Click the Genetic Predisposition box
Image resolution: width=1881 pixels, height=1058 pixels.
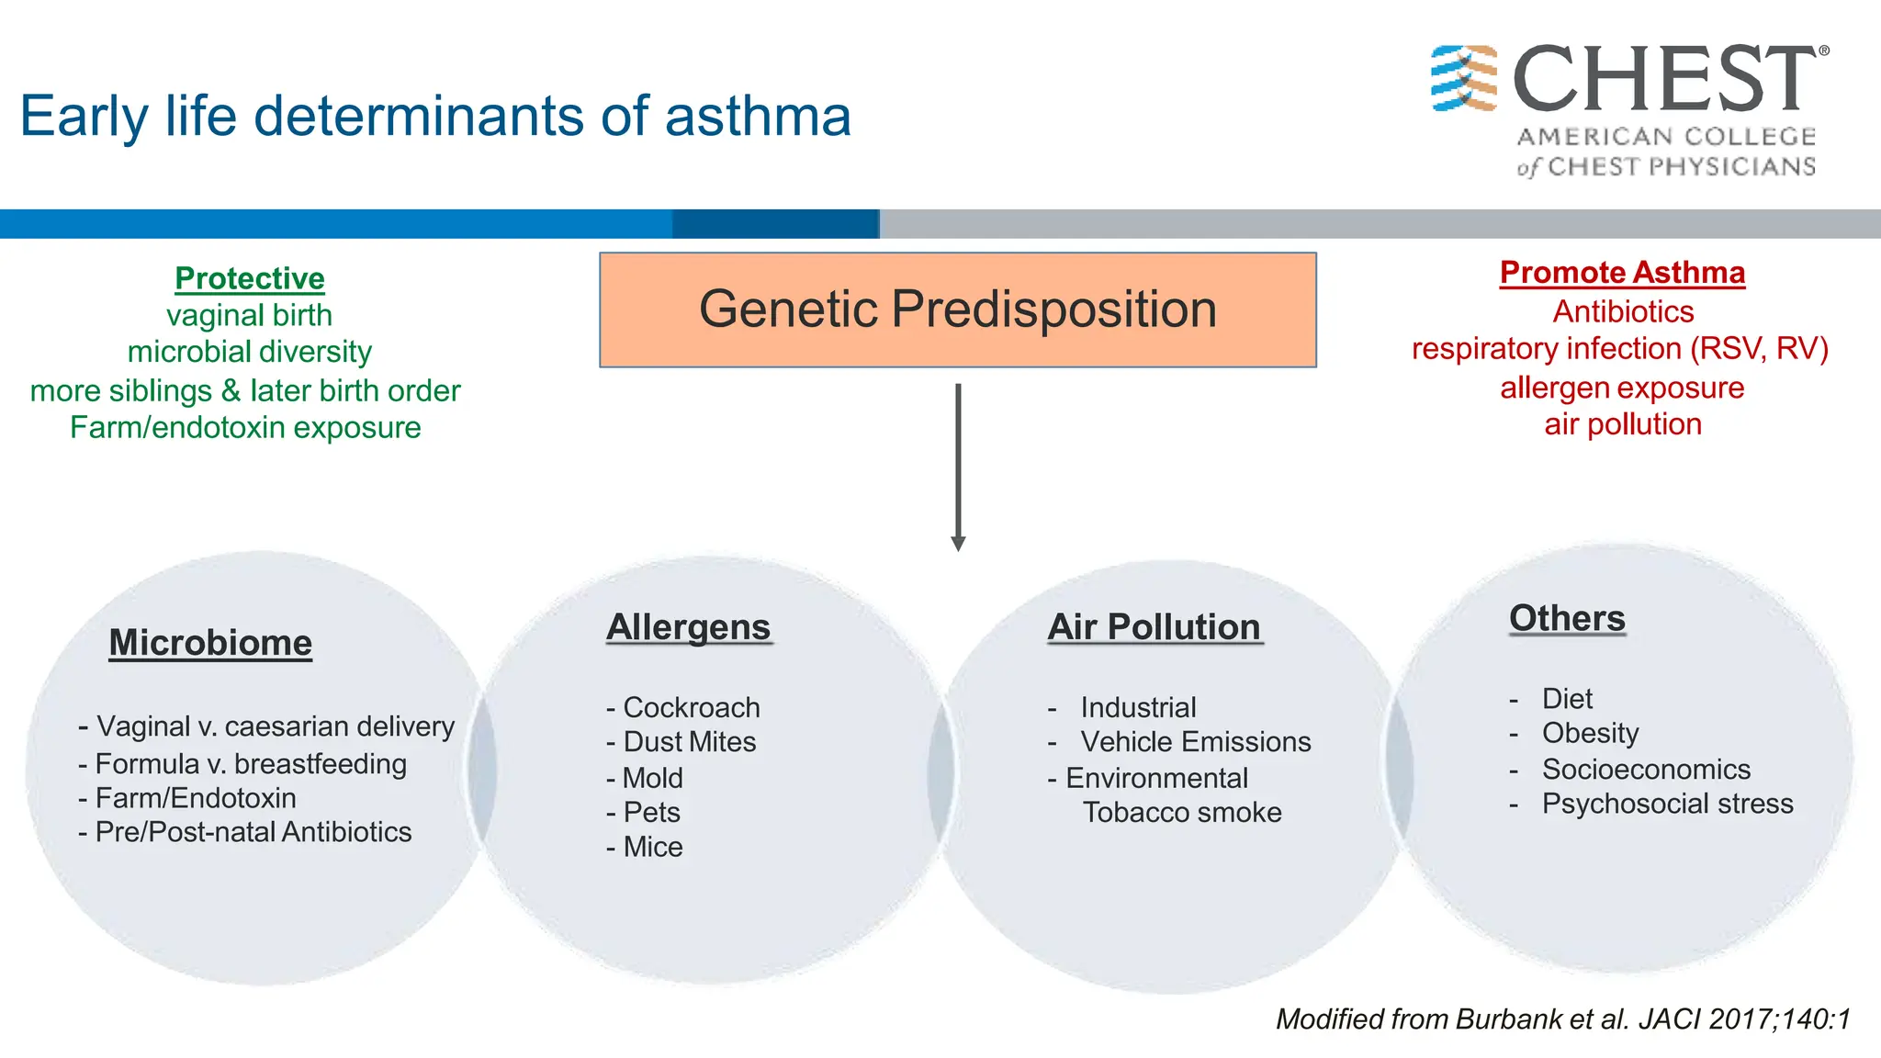tap(957, 310)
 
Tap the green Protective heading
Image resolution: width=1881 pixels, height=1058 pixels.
tap(250, 278)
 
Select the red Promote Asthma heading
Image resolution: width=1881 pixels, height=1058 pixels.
tap(1622, 273)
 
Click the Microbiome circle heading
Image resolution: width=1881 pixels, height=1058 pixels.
tap(210, 643)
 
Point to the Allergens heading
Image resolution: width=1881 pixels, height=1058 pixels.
tap(688, 627)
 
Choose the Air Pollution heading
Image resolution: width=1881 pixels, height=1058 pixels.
tap(1154, 627)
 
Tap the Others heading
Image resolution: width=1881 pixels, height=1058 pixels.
tap(1567, 618)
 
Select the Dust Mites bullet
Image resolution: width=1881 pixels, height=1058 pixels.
tap(689, 742)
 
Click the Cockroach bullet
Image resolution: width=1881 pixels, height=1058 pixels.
tap(691, 708)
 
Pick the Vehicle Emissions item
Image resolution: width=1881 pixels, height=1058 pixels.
tap(1195, 742)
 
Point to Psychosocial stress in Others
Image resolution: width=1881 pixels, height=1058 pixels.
tap(1667, 804)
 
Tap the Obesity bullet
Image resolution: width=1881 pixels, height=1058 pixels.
tap(1590, 734)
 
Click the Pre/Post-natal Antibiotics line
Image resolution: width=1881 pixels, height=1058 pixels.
tap(253, 832)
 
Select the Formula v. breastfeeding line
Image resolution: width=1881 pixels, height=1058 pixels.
tap(250, 764)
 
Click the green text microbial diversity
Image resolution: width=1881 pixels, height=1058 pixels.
tap(249, 352)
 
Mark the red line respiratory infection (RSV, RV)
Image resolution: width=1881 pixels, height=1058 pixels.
tap(1620, 349)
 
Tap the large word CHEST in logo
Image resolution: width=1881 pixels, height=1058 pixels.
tap(1663, 80)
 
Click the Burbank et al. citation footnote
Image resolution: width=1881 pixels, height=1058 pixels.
tap(1562, 1019)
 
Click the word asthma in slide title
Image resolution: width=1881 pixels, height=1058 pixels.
tap(758, 117)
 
